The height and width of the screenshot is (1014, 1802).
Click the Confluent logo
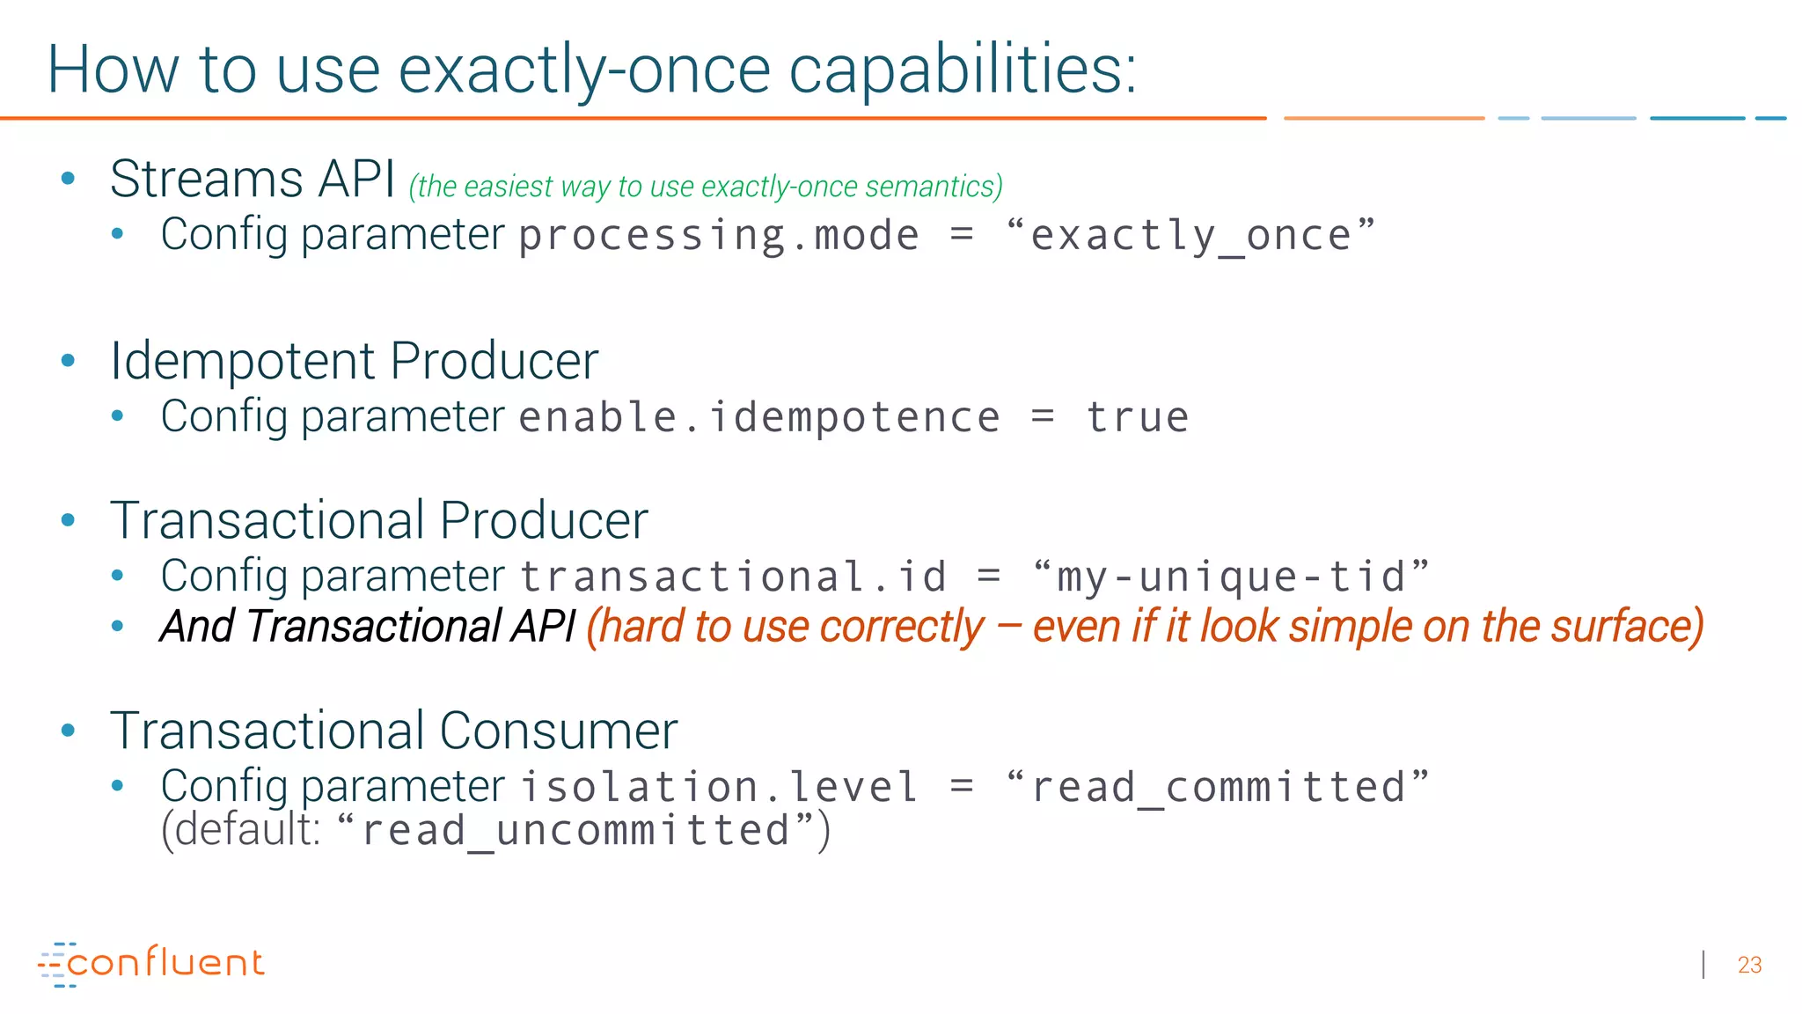tap(151, 963)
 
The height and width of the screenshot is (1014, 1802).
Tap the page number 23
tap(1749, 966)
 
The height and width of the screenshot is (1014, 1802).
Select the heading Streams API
tap(253, 179)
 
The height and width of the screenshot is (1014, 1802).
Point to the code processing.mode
tap(718, 236)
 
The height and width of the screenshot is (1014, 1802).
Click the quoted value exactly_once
tap(1190, 236)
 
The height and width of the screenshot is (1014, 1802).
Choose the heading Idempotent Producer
tap(354, 361)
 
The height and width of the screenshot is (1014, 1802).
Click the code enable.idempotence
tap(758, 417)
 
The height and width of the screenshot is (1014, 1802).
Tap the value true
tap(1137, 417)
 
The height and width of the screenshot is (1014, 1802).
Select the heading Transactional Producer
tap(378, 520)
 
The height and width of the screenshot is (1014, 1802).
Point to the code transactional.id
tap(733, 577)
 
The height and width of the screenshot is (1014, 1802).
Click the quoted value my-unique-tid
tap(1231, 577)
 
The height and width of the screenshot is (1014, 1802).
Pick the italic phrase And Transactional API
tap(367, 627)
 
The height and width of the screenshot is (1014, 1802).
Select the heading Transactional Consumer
tap(393, 731)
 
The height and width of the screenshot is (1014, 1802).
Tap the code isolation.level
tap(719, 787)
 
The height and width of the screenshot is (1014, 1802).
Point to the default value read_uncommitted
tap(576, 831)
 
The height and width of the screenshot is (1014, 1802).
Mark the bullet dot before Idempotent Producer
tap(68, 361)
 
